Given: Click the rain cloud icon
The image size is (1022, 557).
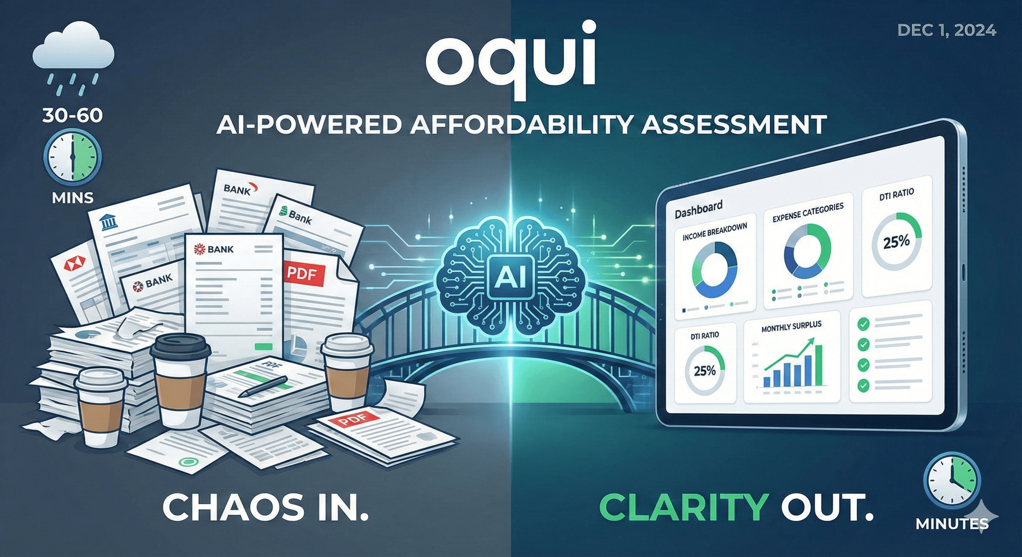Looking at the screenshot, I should click(x=73, y=51).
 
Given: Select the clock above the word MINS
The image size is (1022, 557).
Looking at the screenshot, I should click(x=73, y=157).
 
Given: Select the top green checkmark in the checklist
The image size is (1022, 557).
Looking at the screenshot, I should click(x=863, y=324).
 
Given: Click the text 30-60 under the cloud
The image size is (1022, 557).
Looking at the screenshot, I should click(x=73, y=116).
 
